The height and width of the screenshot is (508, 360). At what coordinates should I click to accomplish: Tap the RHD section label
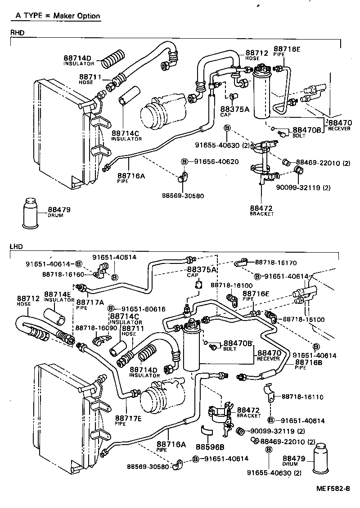click(17, 32)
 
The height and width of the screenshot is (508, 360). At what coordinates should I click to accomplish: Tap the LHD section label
click(16, 247)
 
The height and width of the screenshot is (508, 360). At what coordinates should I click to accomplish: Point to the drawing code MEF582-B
click(333, 489)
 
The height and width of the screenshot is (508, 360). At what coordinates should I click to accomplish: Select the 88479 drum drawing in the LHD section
click(325, 459)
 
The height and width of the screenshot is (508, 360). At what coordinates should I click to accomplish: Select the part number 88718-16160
click(63, 274)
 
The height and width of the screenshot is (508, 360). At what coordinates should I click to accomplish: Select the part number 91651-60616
click(143, 309)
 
